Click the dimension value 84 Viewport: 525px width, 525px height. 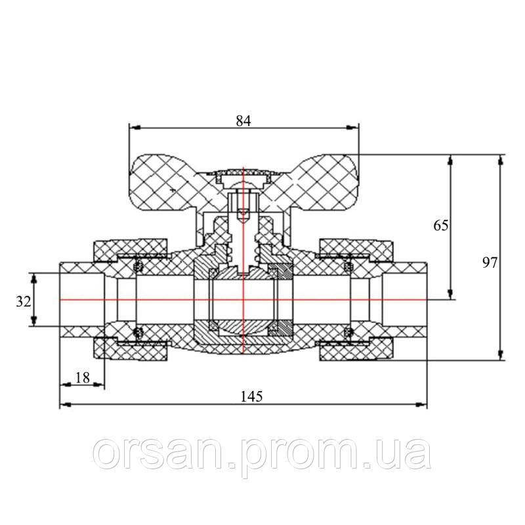(x=243, y=120)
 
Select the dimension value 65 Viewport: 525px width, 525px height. (x=441, y=226)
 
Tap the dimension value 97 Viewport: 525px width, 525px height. (x=489, y=262)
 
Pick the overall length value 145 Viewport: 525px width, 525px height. (x=251, y=396)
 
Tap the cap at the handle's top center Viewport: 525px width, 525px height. (x=243, y=175)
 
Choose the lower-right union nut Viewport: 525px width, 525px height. (x=358, y=351)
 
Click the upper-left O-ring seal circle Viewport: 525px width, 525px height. (x=138, y=265)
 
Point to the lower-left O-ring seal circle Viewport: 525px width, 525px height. (x=138, y=331)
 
